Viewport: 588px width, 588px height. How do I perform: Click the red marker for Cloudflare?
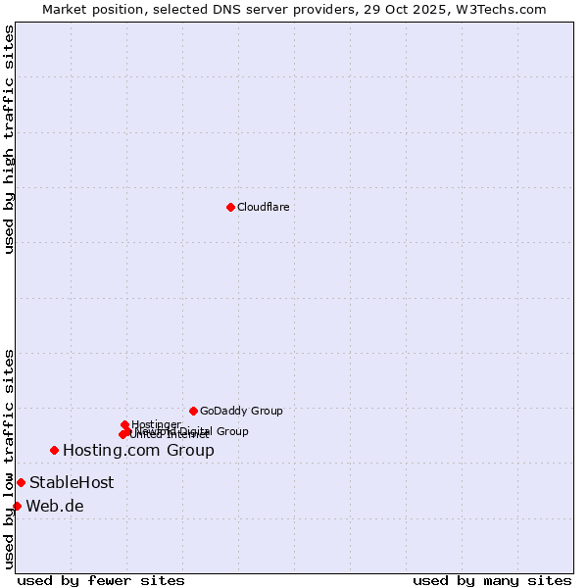click(230, 207)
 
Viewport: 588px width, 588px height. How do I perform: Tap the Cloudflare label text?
click(263, 207)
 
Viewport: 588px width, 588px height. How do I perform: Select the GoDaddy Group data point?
click(193, 411)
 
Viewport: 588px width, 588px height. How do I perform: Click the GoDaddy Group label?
click(241, 411)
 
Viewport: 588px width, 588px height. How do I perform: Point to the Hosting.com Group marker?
click(54, 450)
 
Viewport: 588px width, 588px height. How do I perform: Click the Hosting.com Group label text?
click(138, 451)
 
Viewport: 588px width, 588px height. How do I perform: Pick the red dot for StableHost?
click(21, 482)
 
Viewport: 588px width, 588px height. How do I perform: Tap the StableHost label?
click(72, 482)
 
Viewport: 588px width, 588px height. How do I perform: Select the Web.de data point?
click(17, 506)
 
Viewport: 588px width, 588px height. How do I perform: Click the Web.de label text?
click(55, 506)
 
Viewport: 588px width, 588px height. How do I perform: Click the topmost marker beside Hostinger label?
click(124, 424)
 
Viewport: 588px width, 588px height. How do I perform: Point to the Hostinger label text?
click(156, 424)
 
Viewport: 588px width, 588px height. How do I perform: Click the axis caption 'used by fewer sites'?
click(101, 580)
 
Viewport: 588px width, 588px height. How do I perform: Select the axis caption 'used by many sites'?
click(492, 580)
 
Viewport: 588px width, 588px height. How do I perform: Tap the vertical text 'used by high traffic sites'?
click(10, 139)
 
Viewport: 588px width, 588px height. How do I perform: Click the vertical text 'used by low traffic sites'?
click(10, 458)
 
